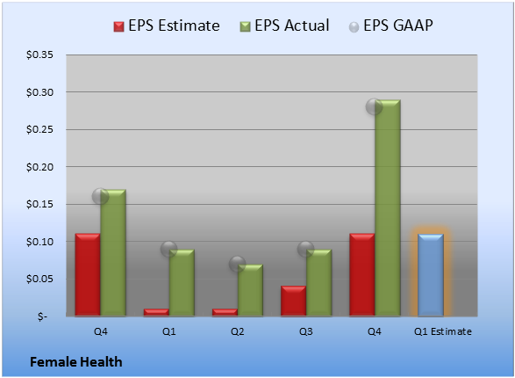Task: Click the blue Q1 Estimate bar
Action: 431,275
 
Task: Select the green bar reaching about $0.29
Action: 388,208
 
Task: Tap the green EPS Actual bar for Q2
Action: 250,290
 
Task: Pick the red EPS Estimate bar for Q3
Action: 293,301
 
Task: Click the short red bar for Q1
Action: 156,312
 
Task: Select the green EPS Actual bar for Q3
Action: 319,282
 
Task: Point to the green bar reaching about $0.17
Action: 113,252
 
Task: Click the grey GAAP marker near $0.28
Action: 374,106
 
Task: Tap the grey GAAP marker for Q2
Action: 237,264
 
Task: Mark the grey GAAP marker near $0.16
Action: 100,197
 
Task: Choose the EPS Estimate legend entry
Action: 167,25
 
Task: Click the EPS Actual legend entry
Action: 284,25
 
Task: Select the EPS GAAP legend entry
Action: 390,25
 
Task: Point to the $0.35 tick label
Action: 39,55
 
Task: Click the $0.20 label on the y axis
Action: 39,167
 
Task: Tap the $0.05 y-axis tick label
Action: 39,279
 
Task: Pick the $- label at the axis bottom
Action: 42,316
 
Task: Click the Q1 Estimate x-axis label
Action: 443,331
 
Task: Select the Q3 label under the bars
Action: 306,331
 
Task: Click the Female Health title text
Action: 76,362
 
